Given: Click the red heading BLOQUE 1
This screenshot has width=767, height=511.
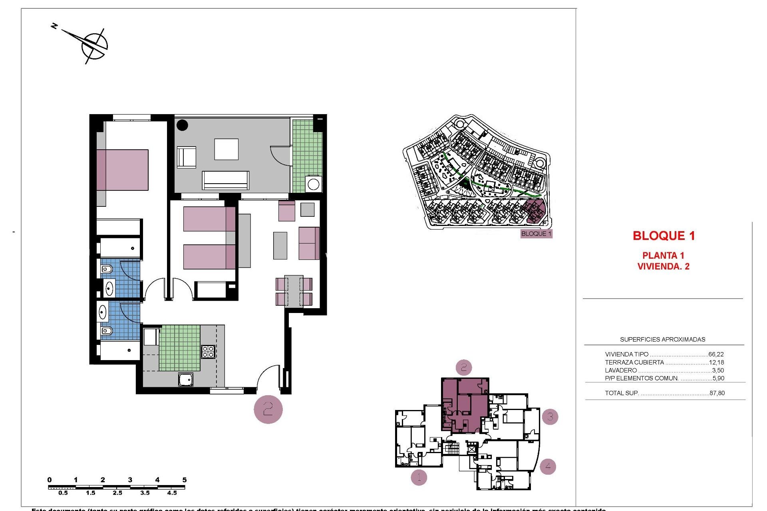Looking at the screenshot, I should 664,236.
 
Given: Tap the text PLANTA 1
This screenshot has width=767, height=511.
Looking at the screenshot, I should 663,255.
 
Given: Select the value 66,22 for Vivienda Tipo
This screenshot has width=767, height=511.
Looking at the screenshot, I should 716,354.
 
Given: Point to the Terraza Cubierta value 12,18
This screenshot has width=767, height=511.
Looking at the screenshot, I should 716,362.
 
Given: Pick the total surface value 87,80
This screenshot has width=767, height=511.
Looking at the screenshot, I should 717,393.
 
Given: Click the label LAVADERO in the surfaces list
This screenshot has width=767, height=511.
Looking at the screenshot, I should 621,370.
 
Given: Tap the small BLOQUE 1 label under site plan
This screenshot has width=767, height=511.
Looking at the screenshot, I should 536,234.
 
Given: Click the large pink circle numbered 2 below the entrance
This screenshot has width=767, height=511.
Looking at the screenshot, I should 268,409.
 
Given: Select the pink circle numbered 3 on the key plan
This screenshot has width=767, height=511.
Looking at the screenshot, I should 550,417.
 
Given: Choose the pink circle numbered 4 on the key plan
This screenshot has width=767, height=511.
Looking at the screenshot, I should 548,466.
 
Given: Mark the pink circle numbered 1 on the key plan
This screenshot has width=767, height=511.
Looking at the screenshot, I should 419,477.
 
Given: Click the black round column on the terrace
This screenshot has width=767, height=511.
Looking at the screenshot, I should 182,125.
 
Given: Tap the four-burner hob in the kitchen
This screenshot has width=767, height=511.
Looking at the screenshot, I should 208,352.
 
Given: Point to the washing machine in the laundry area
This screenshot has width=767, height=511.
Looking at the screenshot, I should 313,184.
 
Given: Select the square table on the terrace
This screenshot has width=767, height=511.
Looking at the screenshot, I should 226,149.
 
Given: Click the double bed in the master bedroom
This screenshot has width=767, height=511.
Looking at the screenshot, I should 122,170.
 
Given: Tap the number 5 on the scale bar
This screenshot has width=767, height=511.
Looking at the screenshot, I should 184,480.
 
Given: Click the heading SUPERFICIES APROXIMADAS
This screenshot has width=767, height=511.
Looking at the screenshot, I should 662,339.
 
